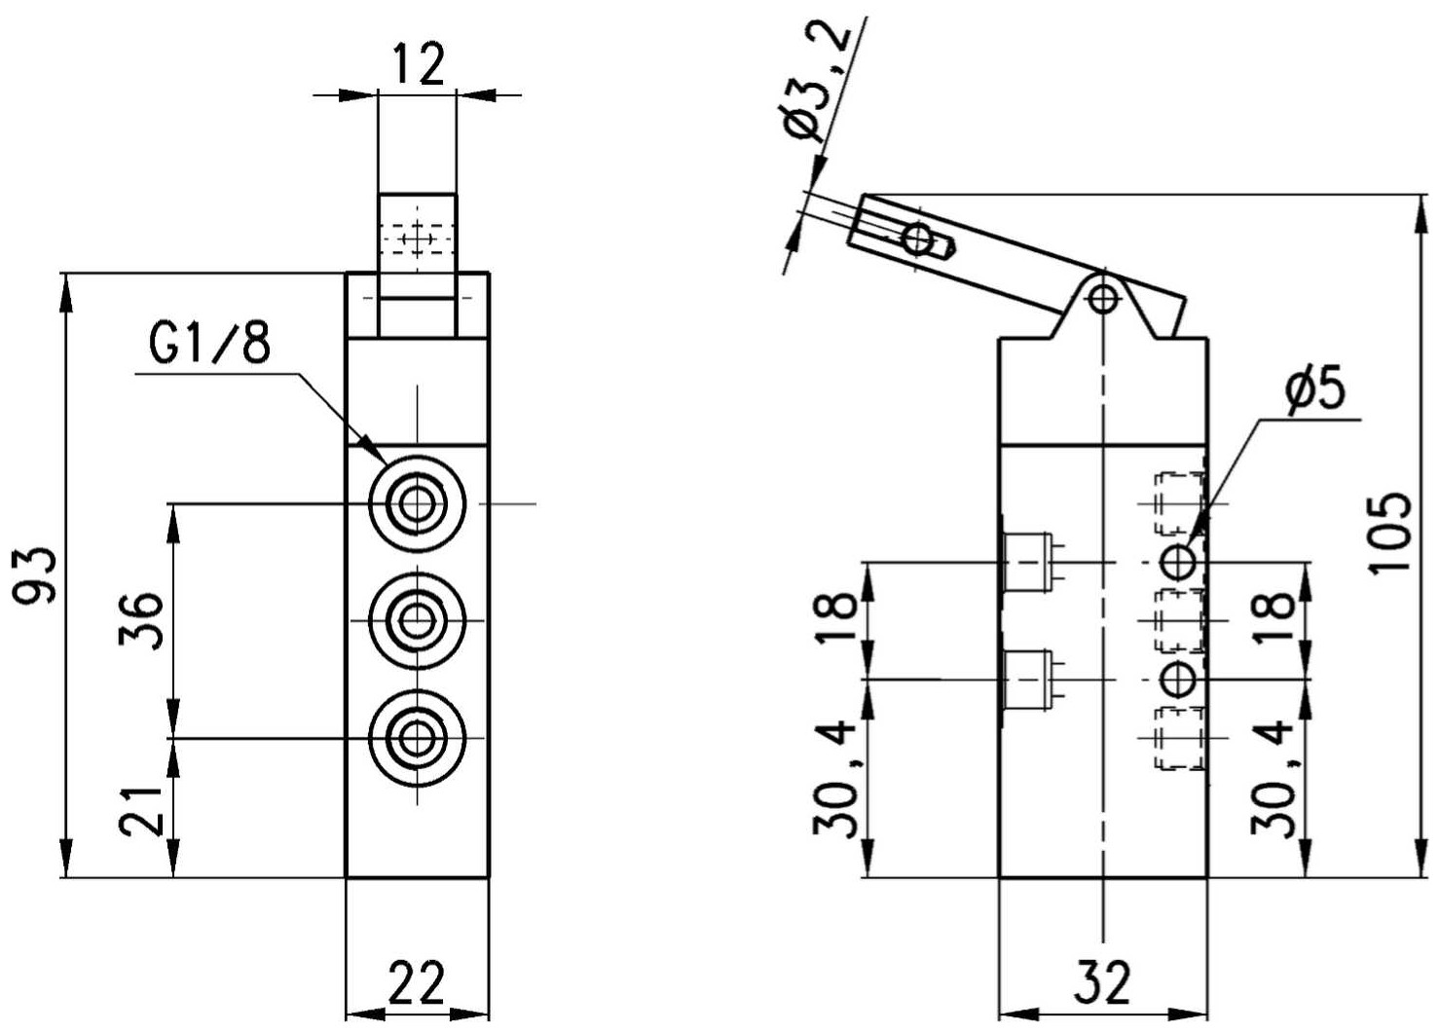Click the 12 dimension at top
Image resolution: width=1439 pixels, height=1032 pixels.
tap(419, 64)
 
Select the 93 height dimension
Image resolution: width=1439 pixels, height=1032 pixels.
tap(35, 575)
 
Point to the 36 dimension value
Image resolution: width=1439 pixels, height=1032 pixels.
tap(141, 621)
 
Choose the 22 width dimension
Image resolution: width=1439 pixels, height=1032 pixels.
tap(417, 982)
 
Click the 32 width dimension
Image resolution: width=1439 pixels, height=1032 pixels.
tap(1102, 982)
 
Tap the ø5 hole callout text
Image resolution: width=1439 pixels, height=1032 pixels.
tap(1315, 389)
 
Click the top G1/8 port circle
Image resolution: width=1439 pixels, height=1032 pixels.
tap(418, 503)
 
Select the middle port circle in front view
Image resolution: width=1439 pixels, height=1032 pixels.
tap(418, 621)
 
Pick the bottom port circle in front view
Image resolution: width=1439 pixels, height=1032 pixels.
tap(418, 738)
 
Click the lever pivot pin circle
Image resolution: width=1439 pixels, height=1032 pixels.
tap(1103, 298)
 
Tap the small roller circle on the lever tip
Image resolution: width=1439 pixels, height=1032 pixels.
tap(918, 240)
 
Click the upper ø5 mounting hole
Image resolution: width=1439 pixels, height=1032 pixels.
tap(1179, 562)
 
